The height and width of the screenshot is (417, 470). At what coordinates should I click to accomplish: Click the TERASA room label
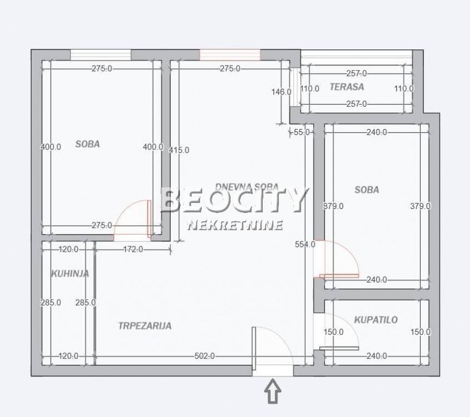347,87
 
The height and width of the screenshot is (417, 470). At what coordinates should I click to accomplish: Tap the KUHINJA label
70,274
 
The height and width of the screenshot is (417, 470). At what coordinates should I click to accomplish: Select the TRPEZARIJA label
145,326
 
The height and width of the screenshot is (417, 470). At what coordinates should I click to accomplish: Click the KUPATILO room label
376,320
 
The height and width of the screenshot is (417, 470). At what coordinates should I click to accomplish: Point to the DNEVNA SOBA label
247,187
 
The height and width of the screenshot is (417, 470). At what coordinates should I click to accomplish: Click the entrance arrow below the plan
272,391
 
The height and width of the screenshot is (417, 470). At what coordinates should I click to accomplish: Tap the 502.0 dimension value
205,356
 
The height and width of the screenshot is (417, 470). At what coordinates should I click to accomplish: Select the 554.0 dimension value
305,245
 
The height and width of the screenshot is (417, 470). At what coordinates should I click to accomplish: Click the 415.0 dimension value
179,150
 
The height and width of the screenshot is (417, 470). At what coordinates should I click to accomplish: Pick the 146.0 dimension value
282,92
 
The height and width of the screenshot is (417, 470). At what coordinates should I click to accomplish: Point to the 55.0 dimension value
302,132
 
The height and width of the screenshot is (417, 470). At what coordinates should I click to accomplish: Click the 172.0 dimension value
133,249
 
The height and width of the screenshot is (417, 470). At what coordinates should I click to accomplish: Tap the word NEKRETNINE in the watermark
235,225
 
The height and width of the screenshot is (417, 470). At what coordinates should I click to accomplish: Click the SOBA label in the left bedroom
88,144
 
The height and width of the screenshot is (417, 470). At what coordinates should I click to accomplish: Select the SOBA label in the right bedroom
367,190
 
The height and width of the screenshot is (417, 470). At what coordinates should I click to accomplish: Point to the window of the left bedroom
101,55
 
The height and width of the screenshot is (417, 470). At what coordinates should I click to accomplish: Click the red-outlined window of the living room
230,55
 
